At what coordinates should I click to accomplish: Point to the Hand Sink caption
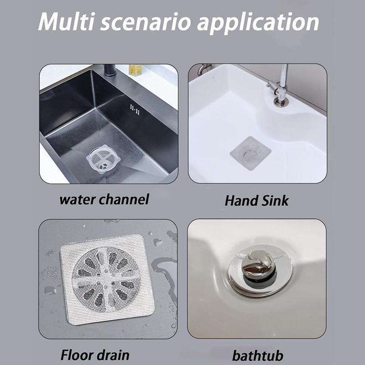tap(257, 199)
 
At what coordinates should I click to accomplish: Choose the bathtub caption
tap(256, 354)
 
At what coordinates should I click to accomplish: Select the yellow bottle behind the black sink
tap(135, 69)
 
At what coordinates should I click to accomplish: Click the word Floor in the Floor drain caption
tap(78, 354)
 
